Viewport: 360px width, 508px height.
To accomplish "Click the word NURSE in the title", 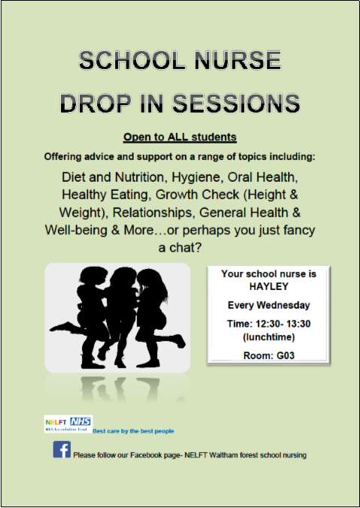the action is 237,61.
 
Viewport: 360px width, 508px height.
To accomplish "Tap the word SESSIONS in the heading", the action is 236,104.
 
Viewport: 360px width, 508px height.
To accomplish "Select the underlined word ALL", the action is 178,137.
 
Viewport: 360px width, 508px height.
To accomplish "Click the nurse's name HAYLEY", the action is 268,286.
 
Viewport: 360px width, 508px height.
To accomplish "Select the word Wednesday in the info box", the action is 283,305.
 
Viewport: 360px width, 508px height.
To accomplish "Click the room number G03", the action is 286,355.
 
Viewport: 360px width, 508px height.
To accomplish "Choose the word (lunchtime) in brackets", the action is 269,337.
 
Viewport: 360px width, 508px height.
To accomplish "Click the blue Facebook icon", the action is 62,449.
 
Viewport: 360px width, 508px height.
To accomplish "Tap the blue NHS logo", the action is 80,421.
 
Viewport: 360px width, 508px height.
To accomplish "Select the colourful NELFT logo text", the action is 56,422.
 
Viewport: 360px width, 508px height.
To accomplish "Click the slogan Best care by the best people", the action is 133,431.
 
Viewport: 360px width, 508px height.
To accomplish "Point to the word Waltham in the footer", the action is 223,455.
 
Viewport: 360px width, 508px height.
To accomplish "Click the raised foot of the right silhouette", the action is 180,342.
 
